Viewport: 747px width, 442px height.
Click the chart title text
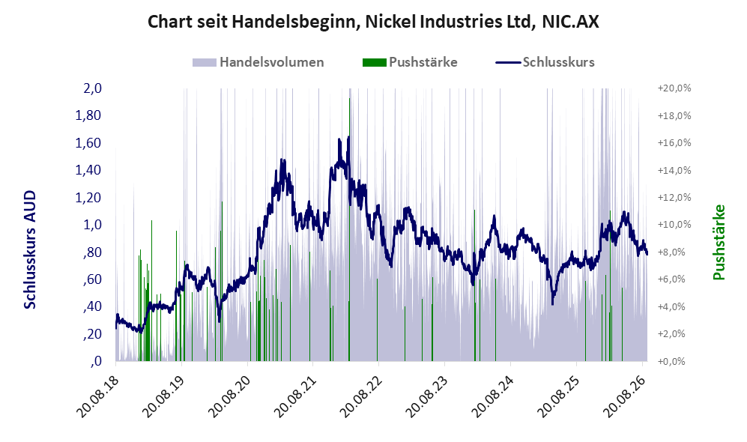click(373, 22)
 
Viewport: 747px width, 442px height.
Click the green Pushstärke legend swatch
click(374, 62)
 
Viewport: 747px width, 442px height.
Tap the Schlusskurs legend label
click(558, 62)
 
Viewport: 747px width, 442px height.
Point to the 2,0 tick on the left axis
click(93, 88)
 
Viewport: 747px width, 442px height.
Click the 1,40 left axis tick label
click(88, 170)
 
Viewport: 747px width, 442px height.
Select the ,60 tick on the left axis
click(92, 279)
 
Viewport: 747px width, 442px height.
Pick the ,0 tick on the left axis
click(95, 361)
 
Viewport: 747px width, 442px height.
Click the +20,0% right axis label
click(674, 88)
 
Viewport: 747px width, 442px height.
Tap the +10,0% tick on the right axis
click(674, 224)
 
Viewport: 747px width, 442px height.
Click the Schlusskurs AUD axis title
click(30, 249)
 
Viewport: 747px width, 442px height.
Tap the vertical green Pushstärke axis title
click(719, 243)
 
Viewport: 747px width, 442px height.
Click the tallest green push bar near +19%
click(349, 229)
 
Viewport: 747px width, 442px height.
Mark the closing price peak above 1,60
click(348, 137)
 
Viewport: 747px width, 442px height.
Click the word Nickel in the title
click(385, 22)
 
